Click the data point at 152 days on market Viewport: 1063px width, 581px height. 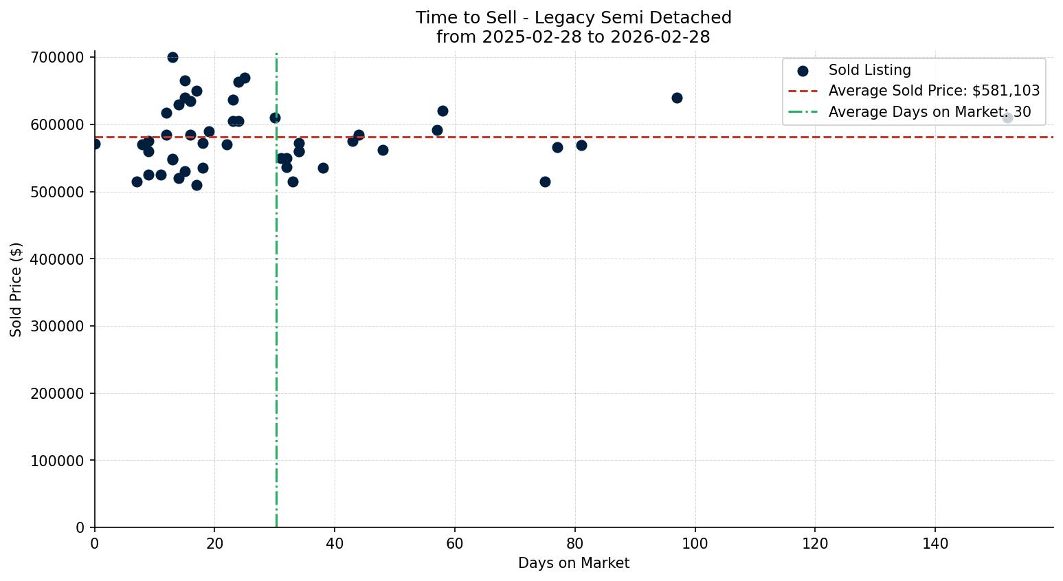coord(1007,118)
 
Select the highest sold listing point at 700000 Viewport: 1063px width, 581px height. coord(172,57)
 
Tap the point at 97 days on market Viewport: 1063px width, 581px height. coord(677,98)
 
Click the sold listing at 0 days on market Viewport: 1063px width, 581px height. coord(95,144)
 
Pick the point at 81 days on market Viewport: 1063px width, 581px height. coord(581,145)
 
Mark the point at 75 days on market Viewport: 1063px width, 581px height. coord(545,182)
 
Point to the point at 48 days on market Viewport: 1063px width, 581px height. coord(383,150)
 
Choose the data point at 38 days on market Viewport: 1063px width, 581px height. coord(323,168)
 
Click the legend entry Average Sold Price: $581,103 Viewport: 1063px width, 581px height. coord(933,91)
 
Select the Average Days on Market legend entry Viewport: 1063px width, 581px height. coord(929,112)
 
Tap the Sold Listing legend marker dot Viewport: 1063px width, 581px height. coord(803,70)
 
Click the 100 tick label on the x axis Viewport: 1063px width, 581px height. coord(695,544)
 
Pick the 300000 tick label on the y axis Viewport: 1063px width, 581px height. coord(58,327)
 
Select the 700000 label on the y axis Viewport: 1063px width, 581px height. coord(58,57)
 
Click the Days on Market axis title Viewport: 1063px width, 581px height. coord(574,563)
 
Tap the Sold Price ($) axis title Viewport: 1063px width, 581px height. coord(16,289)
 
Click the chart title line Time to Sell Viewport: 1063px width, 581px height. coord(574,18)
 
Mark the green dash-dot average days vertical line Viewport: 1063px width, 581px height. coord(276,309)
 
